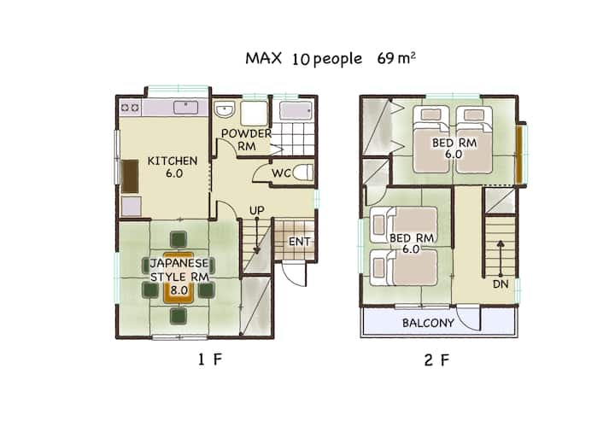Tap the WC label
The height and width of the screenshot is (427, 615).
[x=282, y=173]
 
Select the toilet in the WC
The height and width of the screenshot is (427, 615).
[x=303, y=173]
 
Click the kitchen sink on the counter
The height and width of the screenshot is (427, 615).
[x=186, y=107]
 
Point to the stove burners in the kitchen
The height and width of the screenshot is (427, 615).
[x=130, y=107]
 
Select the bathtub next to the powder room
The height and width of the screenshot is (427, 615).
[x=296, y=110]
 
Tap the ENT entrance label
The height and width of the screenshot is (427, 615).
[x=299, y=242]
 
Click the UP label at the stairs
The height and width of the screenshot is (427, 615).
[x=257, y=211]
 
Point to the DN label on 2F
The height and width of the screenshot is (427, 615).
[x=501, y=284]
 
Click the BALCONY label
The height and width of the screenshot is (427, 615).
[x=428, y=323]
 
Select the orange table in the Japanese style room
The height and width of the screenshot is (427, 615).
[x=179, y=278]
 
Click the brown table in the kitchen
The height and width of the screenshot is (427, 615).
[x=130, y=176]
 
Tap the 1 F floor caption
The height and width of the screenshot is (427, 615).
[x=210, y=360]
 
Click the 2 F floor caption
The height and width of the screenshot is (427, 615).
[x=436, y=360]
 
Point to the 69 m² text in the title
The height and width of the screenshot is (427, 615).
[x=396, y=58]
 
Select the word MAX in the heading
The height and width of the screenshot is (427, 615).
[x=264, y=58]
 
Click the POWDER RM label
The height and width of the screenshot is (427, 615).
[x=246, y=139]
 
